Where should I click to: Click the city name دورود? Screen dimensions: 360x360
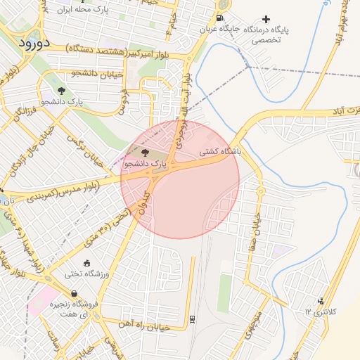[x=32, y=43]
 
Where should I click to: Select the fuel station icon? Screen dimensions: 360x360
[x=221, y=18]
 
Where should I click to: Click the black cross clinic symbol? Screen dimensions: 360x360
[x=266, y=19]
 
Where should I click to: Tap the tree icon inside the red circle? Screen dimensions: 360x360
[x=146, y=152]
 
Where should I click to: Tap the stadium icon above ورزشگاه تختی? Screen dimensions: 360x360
[x=87, y=263]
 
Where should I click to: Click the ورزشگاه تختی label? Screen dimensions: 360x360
[x=85, y=274]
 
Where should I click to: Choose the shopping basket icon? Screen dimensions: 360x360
[x=74, y=294]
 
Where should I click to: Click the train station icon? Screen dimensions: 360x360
[x=192, y=319]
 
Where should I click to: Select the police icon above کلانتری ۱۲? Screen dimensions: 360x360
[x=322, y=300]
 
